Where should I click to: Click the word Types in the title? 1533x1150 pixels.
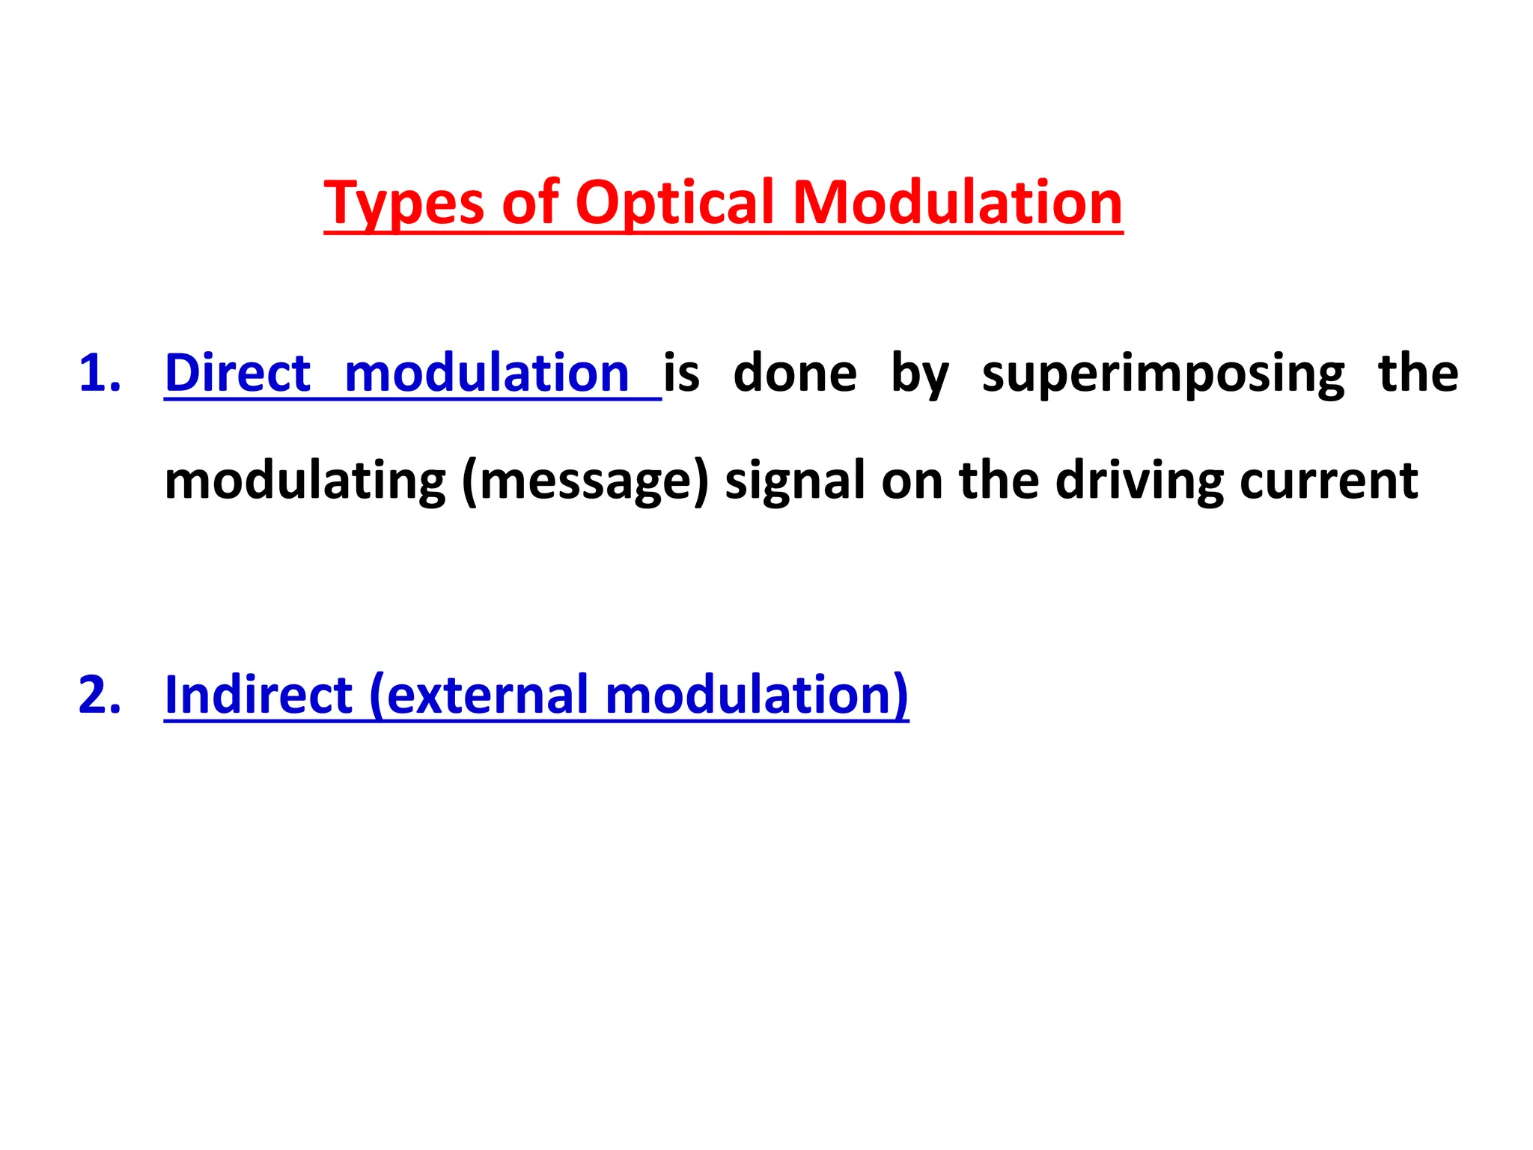404,204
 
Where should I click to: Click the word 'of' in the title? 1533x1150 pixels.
530,204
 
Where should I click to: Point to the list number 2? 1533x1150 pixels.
99,695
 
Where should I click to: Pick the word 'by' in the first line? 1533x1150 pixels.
919,374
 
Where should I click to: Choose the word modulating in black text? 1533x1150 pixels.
305,481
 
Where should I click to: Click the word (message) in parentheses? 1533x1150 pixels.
585,481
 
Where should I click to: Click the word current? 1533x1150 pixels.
1328,481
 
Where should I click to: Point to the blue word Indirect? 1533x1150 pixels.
258,695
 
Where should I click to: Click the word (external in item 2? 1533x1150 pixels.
479,695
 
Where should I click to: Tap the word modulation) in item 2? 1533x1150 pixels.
756,695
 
